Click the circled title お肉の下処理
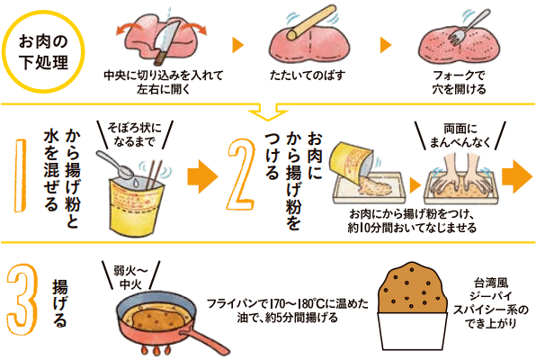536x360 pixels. point(43,51)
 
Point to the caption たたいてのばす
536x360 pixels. point(307,76)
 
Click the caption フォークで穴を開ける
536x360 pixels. point(459,82)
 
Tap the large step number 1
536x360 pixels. point(21,175)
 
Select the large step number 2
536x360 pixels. point(241,175)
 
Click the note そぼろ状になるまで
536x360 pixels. point(134,134)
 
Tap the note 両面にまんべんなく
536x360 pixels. point(460,135)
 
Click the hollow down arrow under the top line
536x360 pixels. point(268,112)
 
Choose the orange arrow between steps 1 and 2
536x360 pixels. point(202,176)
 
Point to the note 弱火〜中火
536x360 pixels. point(130,277)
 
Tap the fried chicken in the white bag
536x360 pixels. point(412,288)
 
